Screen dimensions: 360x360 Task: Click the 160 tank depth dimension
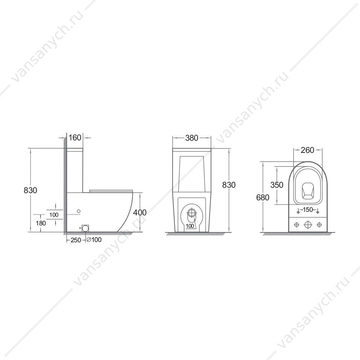pyautogui.click(x=75, y=137)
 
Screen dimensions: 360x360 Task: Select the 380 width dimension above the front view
pyautogui.click(x=191, y=138)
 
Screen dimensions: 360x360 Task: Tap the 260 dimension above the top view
pyautogui.click(x=307, y=150)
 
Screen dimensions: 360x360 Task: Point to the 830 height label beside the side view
pyautogui.click(x=30, y=190)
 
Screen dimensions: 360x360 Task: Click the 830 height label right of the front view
pyautogui.click(x=229, y=184)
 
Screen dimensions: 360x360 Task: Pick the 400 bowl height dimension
pyautogui.click(x=140, y=212)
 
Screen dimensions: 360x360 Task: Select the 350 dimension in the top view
pyautogui.click(x=277, y=185)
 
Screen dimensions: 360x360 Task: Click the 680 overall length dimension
pyautogui.click(x=263, y=197)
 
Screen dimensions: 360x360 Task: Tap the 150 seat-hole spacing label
pyautogui.click(x=308, y=210)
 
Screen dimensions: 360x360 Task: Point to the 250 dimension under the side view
pyautogui.click(x=76, y=240)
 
